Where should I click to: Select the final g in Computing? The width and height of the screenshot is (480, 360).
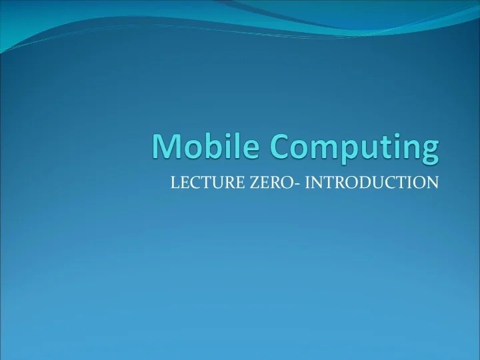[x=430, y=153]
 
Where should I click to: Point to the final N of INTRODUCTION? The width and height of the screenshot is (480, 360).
[x=433, y=182]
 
